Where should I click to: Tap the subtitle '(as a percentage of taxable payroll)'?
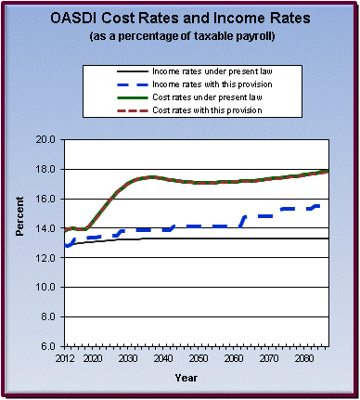[179, 37]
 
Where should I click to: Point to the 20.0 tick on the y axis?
[45, 139]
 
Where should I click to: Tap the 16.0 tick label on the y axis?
[45, 199]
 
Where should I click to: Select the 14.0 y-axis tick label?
[45, 228]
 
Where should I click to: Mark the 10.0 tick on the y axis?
[45, 287]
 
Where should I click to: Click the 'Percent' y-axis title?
[21, 242]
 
